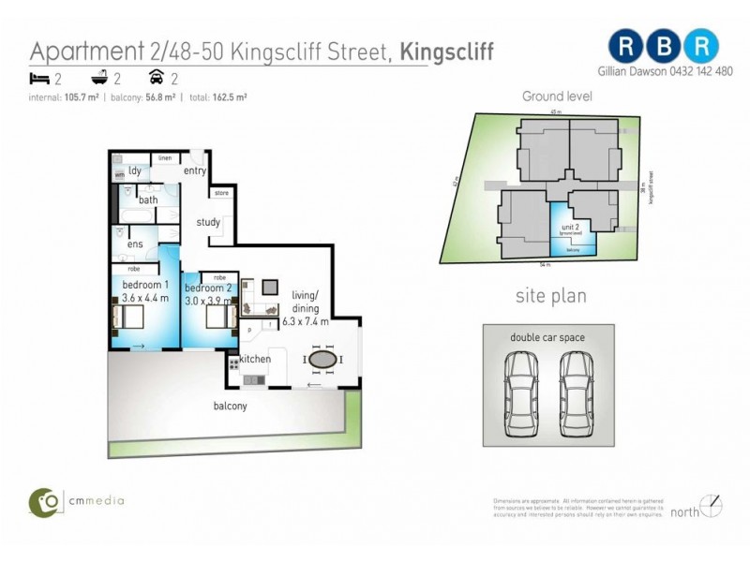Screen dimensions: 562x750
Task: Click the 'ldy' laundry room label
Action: click(135, 170)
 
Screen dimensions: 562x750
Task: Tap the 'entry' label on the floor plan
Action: click(195, 170)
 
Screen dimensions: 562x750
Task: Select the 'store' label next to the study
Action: click(221, 193)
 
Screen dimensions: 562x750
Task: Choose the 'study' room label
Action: click(207, 222)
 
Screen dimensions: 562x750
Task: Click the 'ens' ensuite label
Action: click(134, 245)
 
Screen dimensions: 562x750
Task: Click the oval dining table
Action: click(322, 360)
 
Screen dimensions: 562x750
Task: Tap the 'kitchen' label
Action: click(255, 360)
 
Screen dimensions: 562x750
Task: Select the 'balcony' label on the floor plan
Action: click(230, 406)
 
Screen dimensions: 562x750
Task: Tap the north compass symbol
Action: click(712, 506)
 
